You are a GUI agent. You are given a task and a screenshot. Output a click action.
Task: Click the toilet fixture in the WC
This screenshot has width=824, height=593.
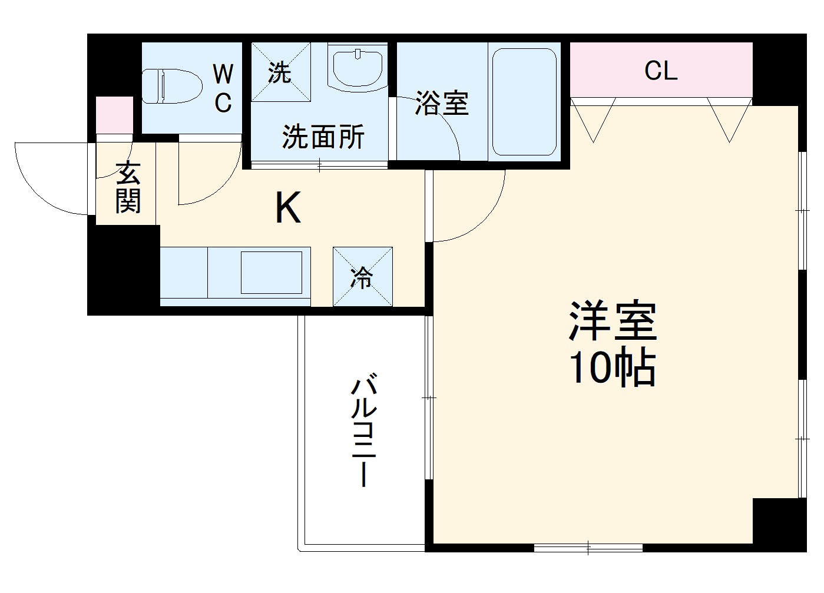pyautogui.click(x=171, y=86)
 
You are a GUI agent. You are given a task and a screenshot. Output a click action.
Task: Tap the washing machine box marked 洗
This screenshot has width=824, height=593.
pyautogui.click(x=281, y=71)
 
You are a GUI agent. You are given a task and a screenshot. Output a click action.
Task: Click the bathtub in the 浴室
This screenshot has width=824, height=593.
pyautogui.click(x=524, y=101)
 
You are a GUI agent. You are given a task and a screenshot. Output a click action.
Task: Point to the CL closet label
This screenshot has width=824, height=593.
pyautogui.click(x=661, y=71)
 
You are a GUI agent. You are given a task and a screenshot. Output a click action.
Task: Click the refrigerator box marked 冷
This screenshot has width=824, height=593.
pyautogui.click(x=362, y=277)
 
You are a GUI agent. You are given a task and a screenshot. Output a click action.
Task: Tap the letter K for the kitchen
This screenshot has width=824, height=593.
pyautogui.click(x=289, y=209)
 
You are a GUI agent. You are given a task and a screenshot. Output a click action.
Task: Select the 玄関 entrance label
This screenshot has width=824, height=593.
pyautogui.click(x=128, y=188)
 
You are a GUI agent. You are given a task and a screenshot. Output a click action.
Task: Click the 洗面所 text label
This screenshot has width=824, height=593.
pyautogui.click(x=323, y=137)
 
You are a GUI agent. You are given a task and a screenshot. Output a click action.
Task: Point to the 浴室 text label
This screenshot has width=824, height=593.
pyautogui.click(x=442, y=104)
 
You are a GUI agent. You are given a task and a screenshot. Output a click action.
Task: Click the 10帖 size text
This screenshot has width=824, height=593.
pyautogui.click(x=611, y=369)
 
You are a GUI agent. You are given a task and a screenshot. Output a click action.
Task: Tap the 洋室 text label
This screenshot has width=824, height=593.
pyautogui.click(x=613, y=321)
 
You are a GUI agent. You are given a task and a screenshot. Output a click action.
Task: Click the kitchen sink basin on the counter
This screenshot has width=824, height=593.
pyautogui.click(x=273, y=272)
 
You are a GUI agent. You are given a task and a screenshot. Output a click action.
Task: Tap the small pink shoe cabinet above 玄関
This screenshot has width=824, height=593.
pyautogui.click(x=114, y=114)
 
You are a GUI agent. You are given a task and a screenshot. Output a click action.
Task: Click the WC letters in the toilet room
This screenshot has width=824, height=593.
pyautogui.click(x=223, y=89)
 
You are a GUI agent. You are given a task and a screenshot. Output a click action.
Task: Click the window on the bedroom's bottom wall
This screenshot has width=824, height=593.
pyautogui.click(x=588, y=548)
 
